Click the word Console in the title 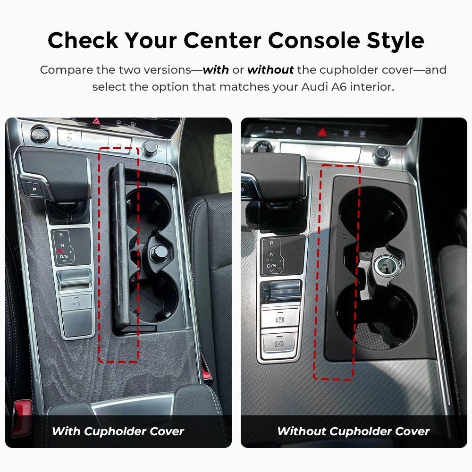click(313, 40)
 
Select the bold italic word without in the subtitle click(270, 70)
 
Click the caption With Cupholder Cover click(118, 431)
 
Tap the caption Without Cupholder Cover click(354, 431)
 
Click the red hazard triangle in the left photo click(96, 121)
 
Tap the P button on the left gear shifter click(34, 189)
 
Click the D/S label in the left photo click(64, 256)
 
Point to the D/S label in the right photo click(271, 265)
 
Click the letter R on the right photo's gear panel click(271, 243)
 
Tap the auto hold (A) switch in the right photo click(279, 344)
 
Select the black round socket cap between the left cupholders click(158, 252)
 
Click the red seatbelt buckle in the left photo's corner click(22, 417)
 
